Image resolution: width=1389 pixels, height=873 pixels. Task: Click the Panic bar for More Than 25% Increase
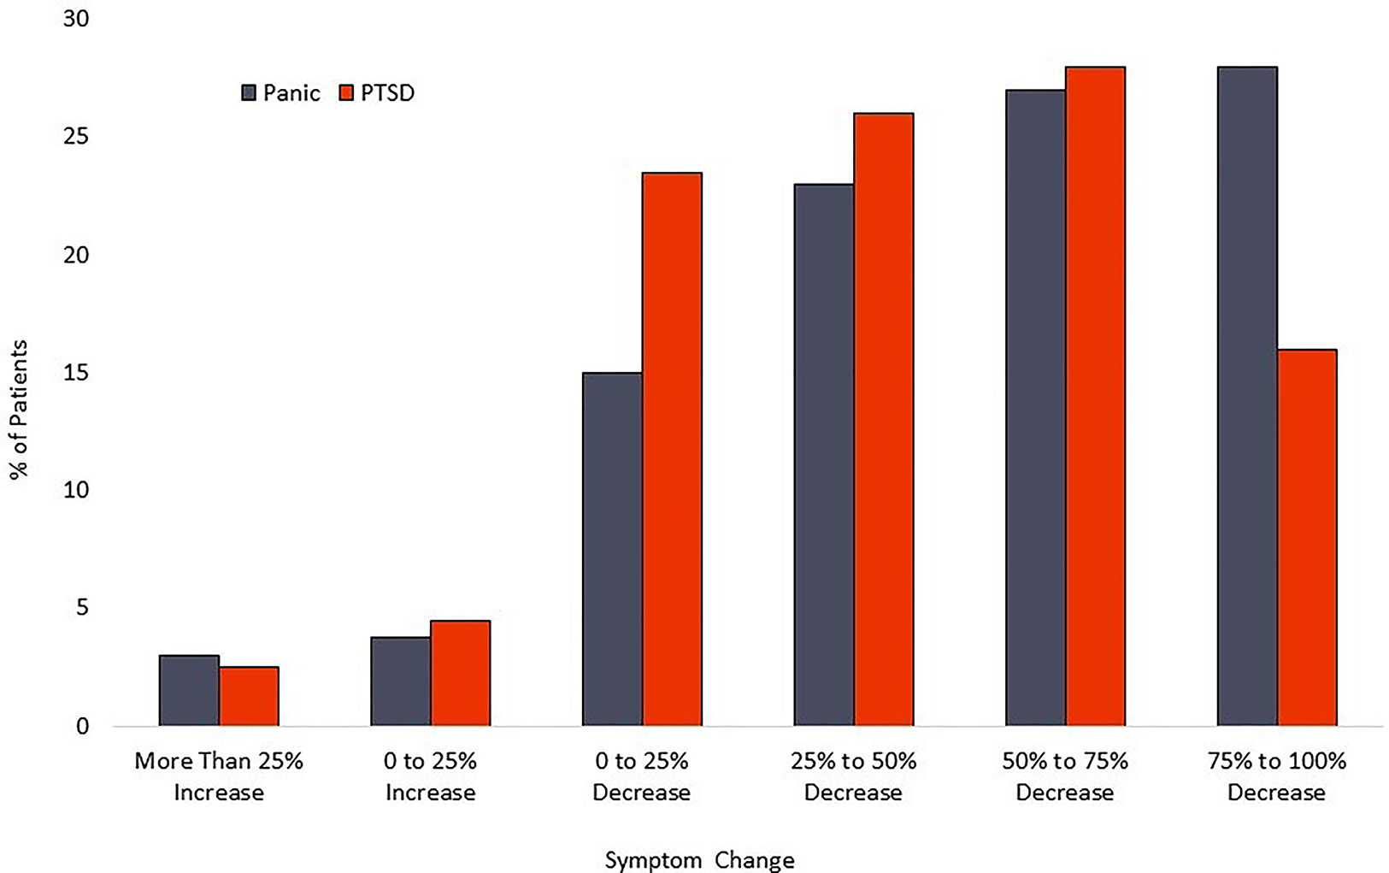point(189,691)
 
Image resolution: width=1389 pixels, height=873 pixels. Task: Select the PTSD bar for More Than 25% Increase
point(249,697)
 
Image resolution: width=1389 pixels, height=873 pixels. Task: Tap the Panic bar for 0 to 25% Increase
point(400,681)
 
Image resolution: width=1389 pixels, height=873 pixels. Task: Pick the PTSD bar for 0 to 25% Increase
point(460,673)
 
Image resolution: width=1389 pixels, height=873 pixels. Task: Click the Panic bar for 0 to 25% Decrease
point(612,549)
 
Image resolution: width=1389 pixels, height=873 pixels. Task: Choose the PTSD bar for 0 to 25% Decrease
point(672,449)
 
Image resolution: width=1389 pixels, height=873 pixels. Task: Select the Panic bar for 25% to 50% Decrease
point(823,455)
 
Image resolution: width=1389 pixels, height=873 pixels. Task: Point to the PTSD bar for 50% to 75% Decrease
point(1095,396)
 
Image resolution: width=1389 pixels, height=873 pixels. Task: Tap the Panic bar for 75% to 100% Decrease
point(1247,396)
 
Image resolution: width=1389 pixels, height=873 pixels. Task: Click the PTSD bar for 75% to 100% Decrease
point(1307,537)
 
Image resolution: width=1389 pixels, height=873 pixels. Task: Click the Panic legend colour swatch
point(249,92)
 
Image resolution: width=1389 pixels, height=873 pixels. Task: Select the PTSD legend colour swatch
point(346,92)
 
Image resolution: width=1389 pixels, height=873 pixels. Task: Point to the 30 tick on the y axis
point(76,19)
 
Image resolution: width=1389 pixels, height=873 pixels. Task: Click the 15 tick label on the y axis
point(76,373)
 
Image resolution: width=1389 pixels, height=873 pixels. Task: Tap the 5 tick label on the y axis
point(82,608)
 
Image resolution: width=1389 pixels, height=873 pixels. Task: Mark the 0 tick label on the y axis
point(82,726)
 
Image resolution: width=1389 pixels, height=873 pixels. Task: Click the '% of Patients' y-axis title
point(19,409)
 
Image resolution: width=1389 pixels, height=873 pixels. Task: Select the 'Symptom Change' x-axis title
point(699,859)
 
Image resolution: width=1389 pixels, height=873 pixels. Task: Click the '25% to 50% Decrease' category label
point(853,776)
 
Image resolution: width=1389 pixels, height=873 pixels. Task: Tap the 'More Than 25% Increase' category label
point(219,776)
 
